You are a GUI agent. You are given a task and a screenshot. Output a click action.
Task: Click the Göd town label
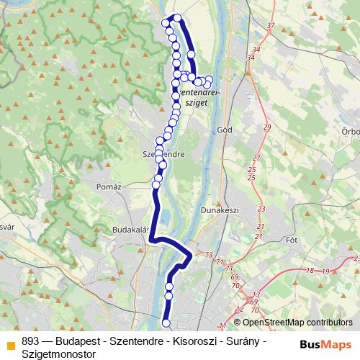tap(223, 130)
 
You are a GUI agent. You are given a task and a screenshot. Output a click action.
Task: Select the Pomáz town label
tap(107, 186)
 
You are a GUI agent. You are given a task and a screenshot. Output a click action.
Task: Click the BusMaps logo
tap(325, 344)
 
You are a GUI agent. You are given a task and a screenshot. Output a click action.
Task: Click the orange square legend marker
tap(9, 343)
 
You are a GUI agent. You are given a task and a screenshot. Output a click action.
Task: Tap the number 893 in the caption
tap(30, 341)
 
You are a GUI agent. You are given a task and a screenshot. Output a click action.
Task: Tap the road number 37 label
tap(271, 25)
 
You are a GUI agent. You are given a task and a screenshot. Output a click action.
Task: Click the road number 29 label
tap(266, 127)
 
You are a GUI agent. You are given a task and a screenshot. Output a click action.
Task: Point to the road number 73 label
tap(208, 255)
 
